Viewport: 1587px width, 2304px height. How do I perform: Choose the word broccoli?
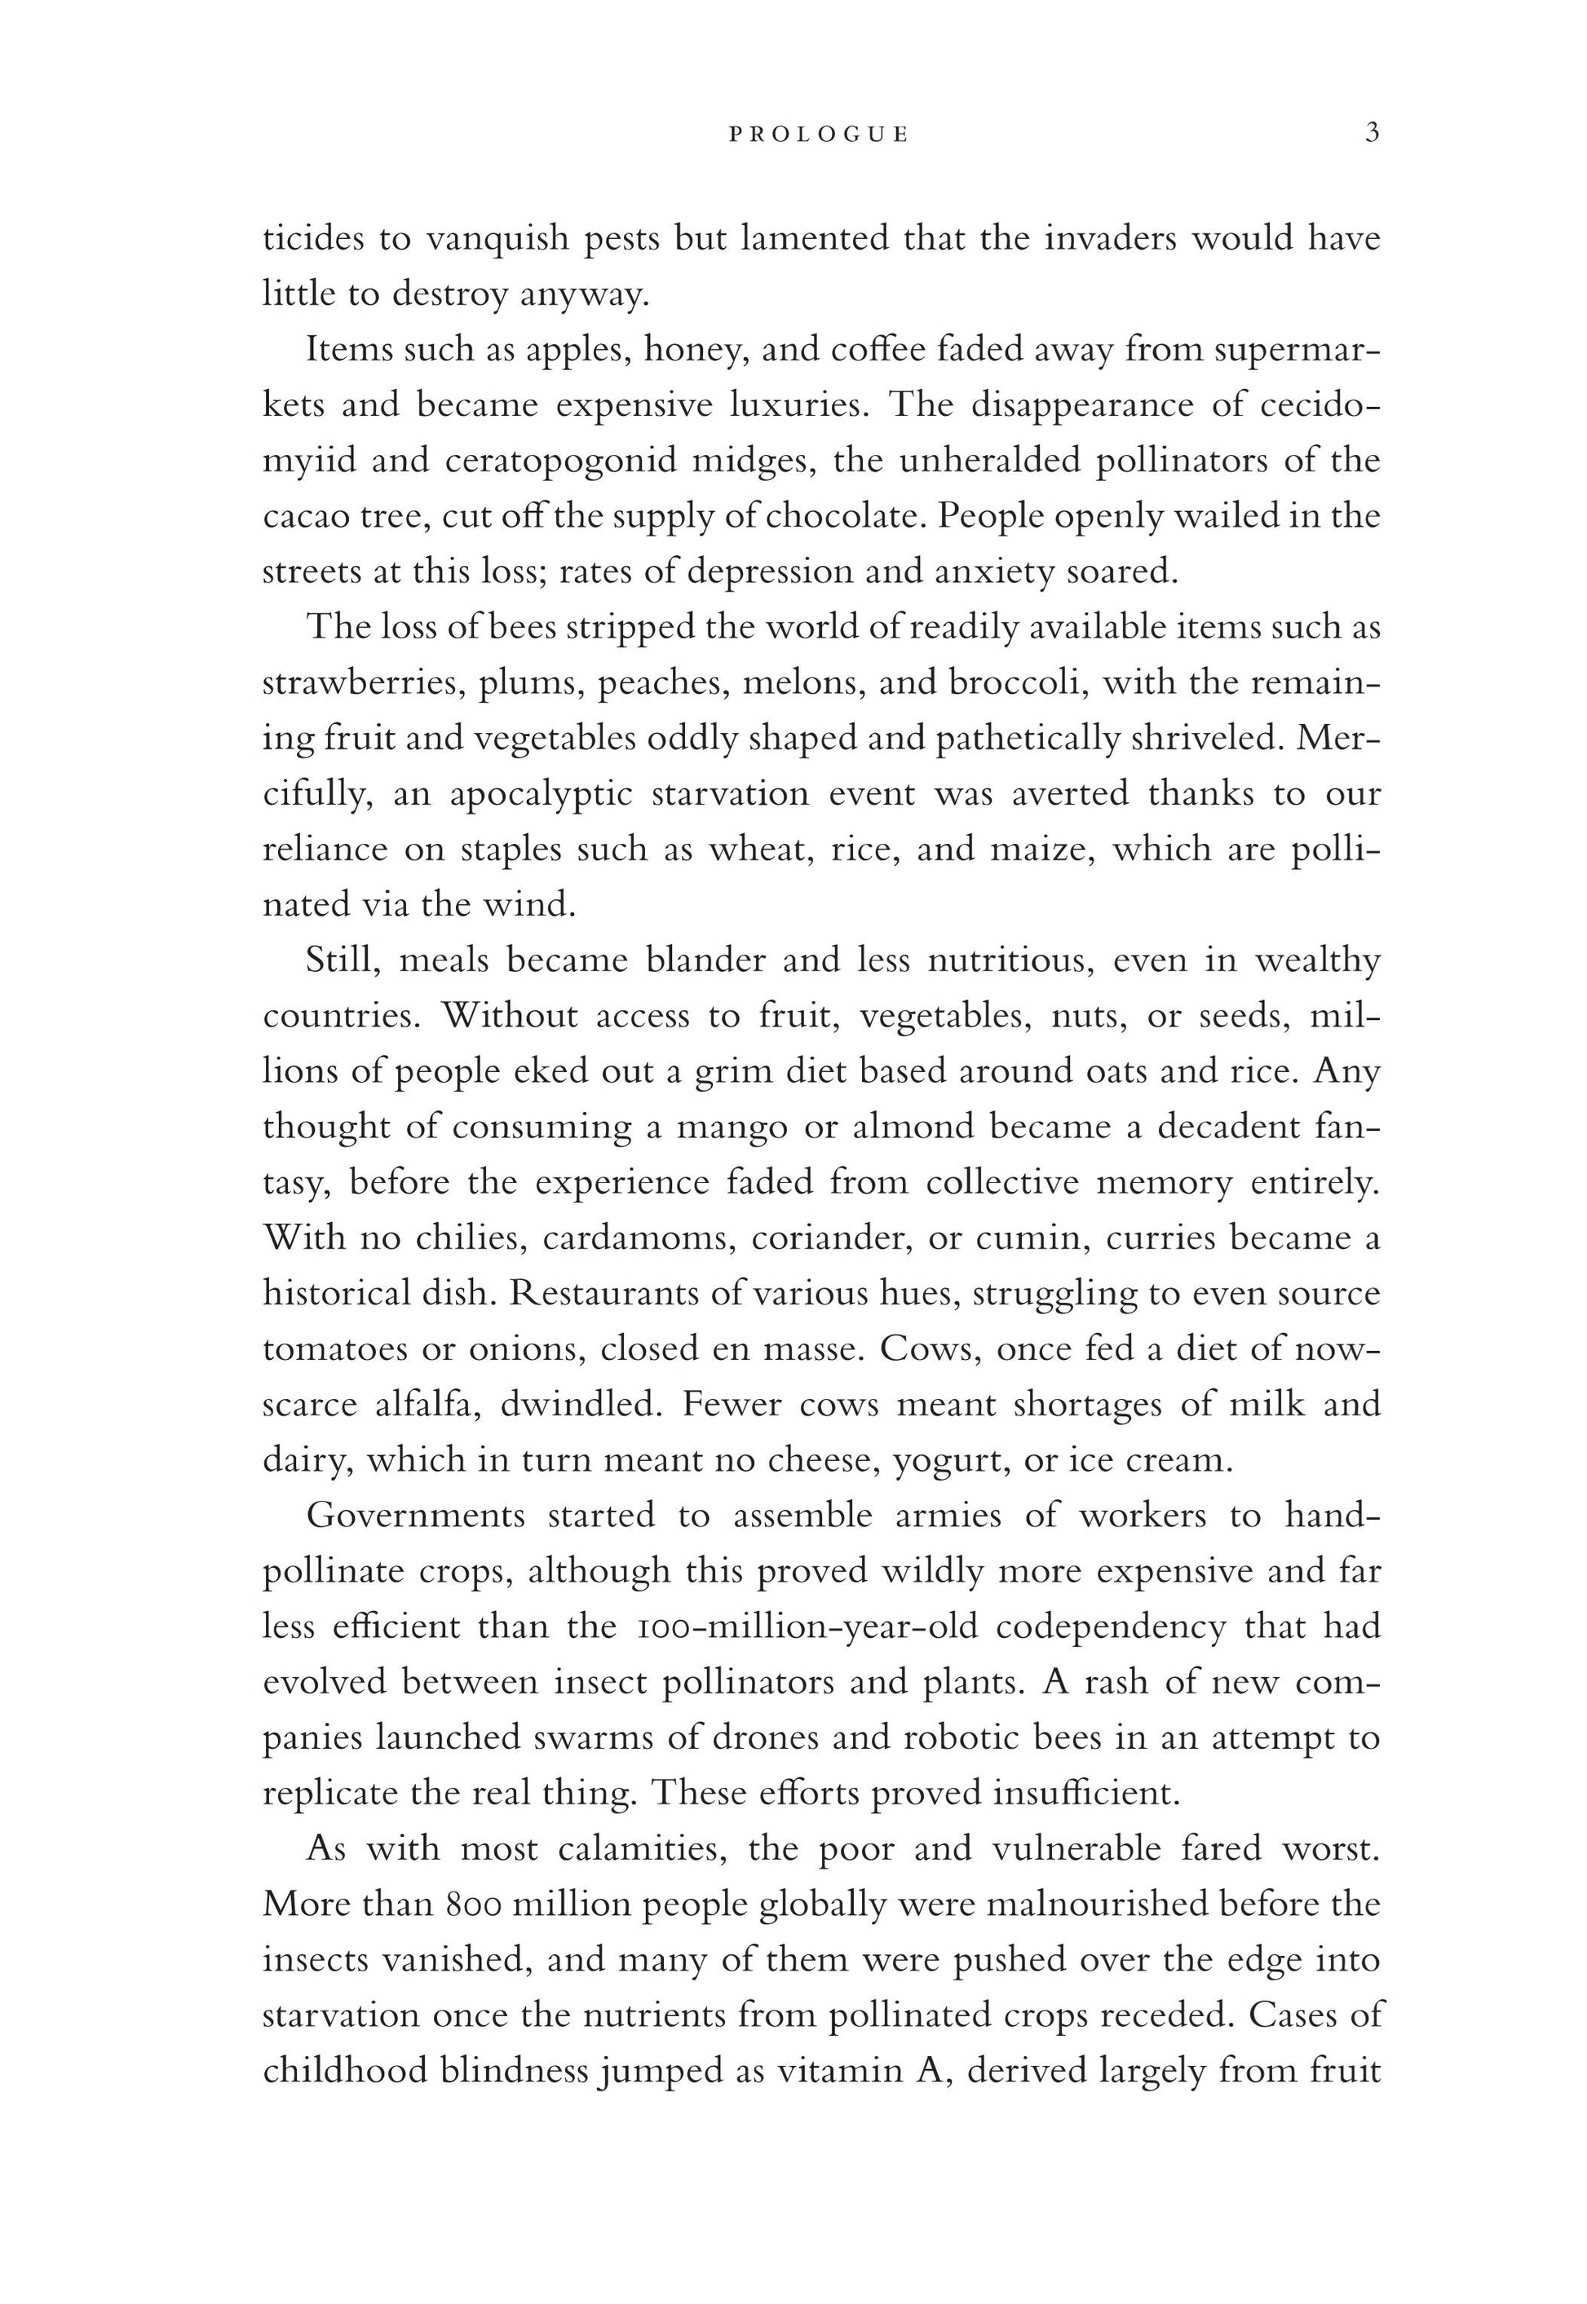pyautogui.click(x=1015, y=684)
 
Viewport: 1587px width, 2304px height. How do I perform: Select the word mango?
pyautogui.click(x=731, y=1128)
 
